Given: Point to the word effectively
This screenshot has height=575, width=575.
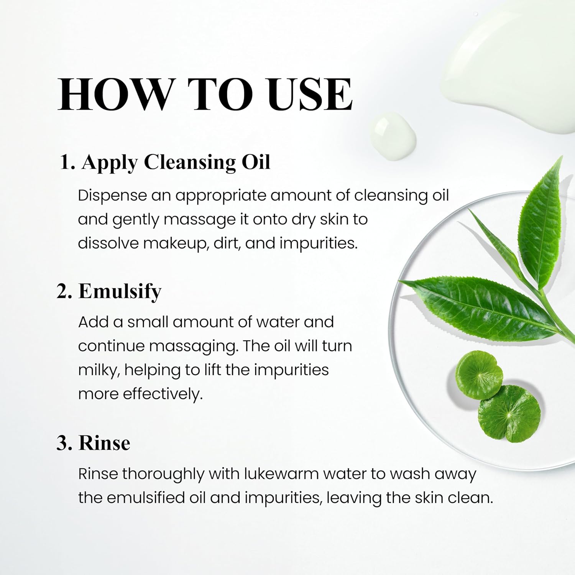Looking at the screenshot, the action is pos(163,394).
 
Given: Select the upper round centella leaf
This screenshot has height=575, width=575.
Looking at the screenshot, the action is pos(479,375).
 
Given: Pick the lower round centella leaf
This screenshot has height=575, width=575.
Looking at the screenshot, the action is pos(509,414).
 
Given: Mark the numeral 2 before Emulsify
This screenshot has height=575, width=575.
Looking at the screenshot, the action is pos(63,292).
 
